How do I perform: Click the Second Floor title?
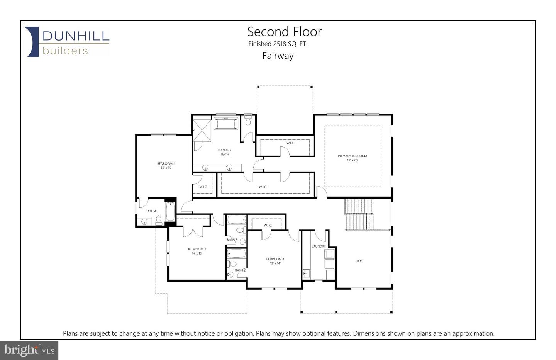point(284,32)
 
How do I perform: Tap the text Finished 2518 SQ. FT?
point(278,44)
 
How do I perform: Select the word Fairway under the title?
point(278,56)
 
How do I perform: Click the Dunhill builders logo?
point(66,42)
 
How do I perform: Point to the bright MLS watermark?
point(29,350)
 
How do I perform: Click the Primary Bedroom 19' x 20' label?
point(352,158)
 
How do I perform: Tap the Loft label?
point(360,261)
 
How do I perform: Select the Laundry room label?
point(319,246)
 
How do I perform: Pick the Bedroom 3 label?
point(197,251)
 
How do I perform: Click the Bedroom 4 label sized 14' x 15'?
point(166,166)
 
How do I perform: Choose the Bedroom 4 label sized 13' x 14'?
point(275,261)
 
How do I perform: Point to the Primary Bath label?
point(225,152)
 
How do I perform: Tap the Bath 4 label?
point(151,211)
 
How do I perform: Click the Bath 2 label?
point(240,270)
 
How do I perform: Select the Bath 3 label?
point(232,240)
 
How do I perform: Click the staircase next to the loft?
point(359,214)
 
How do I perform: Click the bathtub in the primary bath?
point(227,124)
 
